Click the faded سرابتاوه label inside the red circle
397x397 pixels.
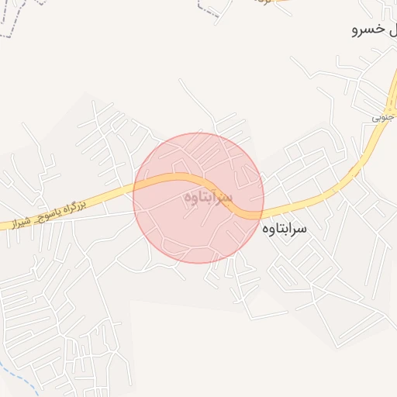pyautogui.click(x=208, y=198)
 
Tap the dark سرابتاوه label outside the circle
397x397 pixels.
pyautogui.click(x=285, y=229)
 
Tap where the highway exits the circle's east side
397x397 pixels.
pyautogui.click(x=263, y=212)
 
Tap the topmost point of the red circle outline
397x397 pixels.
pyautogui.click(x=198, y=133)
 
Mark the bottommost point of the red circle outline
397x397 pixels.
pyautogui.click(x=198, y=263)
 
